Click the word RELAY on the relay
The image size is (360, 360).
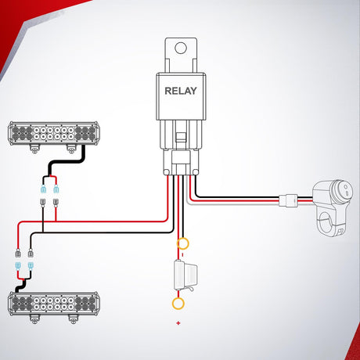point(181,91)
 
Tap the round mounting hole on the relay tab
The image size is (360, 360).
point(181,49)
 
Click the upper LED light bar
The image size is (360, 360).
point(54,133)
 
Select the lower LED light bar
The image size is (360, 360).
point(53,304)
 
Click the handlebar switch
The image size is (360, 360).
point(333,206)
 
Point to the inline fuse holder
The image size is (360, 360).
point(185,275)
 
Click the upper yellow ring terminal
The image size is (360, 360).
point(182,243)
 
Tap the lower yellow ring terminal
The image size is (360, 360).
point(178,304)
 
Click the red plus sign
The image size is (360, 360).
point(178,323)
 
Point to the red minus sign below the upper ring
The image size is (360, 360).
point(182,254)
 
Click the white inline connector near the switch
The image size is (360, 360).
point(288,200)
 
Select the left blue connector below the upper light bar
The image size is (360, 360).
point(43,189)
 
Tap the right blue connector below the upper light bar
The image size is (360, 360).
point(56,189)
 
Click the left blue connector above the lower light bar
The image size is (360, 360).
point(18,266)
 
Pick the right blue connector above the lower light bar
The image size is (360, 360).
point(31,266)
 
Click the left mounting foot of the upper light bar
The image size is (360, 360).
point(34,149)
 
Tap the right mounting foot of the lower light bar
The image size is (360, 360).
point(73,319)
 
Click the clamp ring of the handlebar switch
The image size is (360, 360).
point(326,221)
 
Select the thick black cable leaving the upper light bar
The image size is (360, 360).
point(67,161)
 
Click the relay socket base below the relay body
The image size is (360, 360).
point(181,162)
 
